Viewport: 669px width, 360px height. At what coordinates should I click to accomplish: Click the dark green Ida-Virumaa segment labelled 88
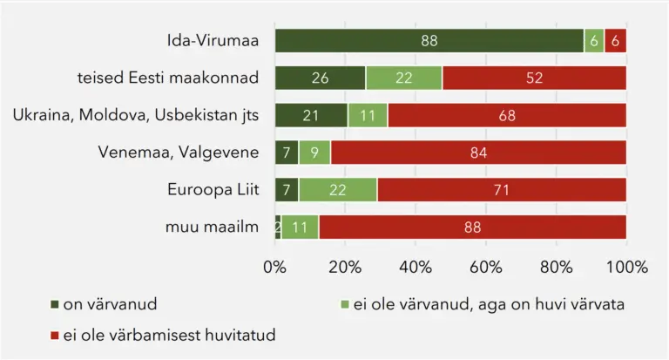[429, 40]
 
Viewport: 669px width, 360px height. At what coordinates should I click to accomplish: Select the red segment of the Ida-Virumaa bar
[616, 40]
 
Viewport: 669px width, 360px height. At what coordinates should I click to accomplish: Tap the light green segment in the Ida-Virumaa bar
[594, 40]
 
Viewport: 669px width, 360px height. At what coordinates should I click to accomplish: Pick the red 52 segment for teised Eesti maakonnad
[534, 78]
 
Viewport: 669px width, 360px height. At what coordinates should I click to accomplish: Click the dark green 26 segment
[320, 78]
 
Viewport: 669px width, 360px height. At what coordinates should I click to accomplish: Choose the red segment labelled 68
[507, 115]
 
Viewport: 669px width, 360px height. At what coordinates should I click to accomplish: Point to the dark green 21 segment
[311, 115]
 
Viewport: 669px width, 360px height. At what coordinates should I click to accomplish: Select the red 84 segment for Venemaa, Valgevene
[478, 153]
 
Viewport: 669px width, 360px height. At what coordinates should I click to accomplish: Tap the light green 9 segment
[314, 153]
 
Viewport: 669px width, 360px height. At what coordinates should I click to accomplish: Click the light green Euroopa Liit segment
[338, 189]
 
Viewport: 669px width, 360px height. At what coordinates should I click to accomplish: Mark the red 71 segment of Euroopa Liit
[502, 189]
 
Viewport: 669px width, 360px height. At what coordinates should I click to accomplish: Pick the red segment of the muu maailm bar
[472, 227]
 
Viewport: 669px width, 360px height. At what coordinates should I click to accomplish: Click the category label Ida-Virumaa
[213, 40]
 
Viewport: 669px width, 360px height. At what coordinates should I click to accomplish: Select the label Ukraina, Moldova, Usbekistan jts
[136, 115]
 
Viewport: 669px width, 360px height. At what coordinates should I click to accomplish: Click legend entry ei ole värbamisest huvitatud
[164, 334]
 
